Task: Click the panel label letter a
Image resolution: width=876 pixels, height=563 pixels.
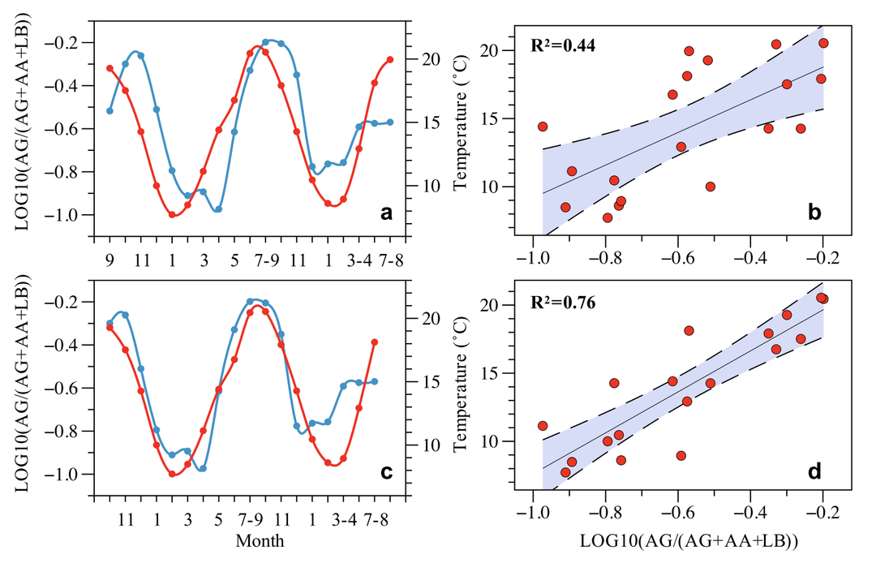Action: [x=387, y=214]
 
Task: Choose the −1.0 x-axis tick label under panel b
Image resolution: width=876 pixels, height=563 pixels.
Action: [x=532, y=259]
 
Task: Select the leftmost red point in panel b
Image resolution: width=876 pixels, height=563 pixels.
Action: [x=543, y=127]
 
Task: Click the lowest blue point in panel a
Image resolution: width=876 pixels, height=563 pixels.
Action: [x=218, y=208]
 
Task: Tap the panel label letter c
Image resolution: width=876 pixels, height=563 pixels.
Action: [x=387, y=471]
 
